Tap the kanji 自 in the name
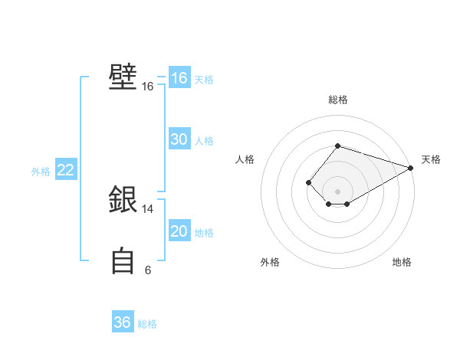click(x=123, y=261)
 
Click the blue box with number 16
click(x=179, y=78)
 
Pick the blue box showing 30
click(x=179, y=139)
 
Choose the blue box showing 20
click(x=179, y=231)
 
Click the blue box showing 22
click(x=65, y=170)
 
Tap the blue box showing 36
click(x=122, y=322)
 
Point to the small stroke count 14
click(x=147, y=208)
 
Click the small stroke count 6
click(x=147, y=270)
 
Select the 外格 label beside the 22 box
click(x=41, y=172)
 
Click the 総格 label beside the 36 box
click(x=147, y=324)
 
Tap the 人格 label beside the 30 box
click(x=204, y=141)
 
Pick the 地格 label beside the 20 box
click(x=204, y=233)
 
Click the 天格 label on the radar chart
click(x=431, y=159)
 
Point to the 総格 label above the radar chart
click(x=337, y=100)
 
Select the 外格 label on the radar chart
click(x=270, y=262)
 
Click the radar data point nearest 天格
click(x=411, y=168)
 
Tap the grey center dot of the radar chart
click(x=337, y=191)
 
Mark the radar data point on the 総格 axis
click(x=337, y=146)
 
